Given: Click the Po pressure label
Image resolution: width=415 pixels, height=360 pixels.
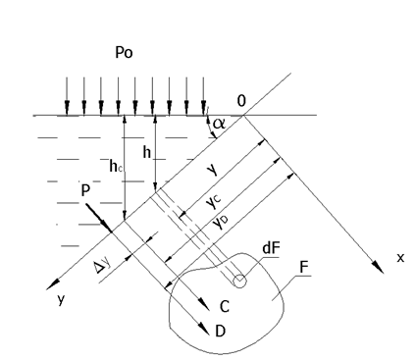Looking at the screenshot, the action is click(x=124, y=52).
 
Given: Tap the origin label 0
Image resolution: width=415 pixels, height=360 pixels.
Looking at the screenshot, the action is click(x=241, y=101).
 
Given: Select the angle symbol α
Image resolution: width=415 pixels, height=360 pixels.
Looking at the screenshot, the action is click(x=219, y=124).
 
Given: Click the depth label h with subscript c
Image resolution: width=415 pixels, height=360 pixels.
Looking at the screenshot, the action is click(x=116, y=166).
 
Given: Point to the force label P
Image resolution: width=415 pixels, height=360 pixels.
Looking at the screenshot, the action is click(x=85, y=190).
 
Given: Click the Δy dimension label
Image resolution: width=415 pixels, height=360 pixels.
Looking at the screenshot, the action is click(x=102, y=265).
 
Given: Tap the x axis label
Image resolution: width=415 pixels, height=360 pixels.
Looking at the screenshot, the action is click(x=400, y=258).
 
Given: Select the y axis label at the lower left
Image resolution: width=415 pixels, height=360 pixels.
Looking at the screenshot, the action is click(x=61, y=299).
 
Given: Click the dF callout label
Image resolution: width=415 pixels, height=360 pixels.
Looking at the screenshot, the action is click(x=271, y=248).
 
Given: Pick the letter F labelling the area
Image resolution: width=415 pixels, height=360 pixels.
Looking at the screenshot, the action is click(x=304, y=268).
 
